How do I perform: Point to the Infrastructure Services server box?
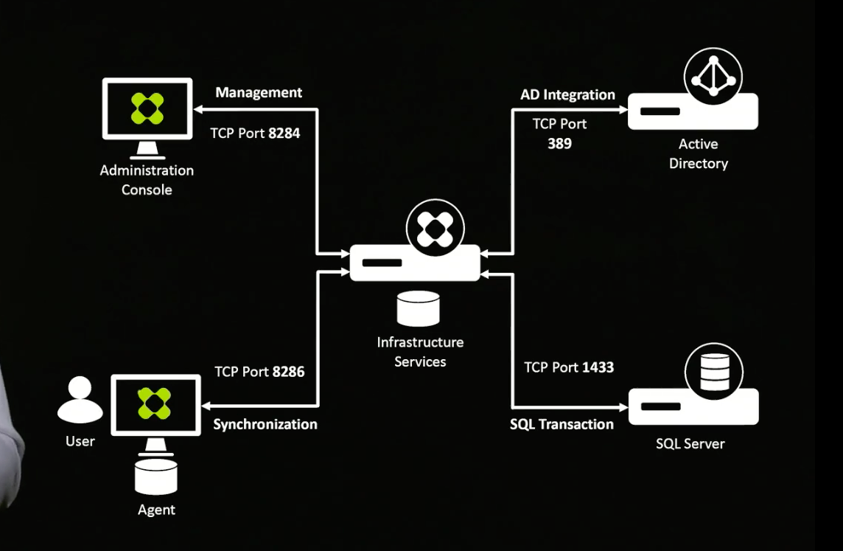click(x=415, y=263)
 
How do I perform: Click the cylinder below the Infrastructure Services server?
click(x=418, y=308)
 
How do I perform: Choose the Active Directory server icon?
click(x=693, y=111)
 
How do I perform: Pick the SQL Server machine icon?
click(x=693, y=406)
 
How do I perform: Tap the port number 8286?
click(x=288, y=372)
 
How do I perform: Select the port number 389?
click(x=559, y=144)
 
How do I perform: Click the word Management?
click(x=259, y=93)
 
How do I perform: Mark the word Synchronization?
click(x=265, y=424)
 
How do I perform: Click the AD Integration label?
click(x=567, y=94)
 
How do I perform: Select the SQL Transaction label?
click(x=562, y=424)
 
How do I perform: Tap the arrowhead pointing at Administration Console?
click(x=199, y=110)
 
